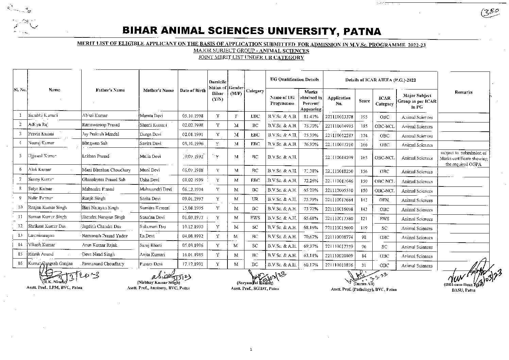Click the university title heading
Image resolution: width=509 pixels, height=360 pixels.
(x=252, y=31)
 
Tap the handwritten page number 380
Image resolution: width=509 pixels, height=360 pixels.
(x=492, y=12)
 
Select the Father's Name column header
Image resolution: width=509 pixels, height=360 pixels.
(x=110, y=90)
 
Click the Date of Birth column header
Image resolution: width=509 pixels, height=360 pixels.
(x=193, y=91)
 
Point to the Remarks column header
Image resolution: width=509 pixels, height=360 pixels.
(x=463, y=92)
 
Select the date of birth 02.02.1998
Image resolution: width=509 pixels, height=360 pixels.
(x=193, y=125)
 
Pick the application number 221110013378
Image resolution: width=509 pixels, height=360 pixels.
(x=339, y=117)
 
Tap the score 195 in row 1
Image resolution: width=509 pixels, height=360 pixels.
(x=364, y=117)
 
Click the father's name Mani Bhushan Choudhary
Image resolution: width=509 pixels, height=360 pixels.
(x=106, y=170)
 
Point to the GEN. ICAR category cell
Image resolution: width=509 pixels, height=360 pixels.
(x=384, y=200)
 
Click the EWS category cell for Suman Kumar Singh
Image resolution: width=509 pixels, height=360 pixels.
(x=255, y=217)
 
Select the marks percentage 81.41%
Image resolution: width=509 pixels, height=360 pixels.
(x=311, y=116)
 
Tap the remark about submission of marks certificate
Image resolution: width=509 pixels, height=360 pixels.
(x=463, y=159)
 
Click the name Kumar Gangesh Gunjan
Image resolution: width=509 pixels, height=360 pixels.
(x=50, y=264)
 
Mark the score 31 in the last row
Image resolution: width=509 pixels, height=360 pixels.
(x=364, y=265)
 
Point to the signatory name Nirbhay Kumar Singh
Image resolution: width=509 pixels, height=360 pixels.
(x=158, y=283)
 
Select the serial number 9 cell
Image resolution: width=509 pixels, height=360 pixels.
(x=20, y=198)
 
